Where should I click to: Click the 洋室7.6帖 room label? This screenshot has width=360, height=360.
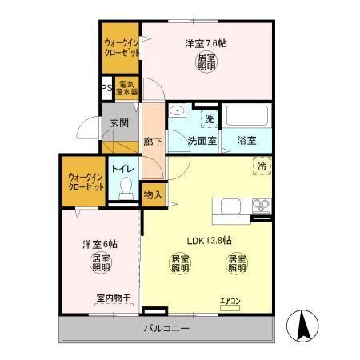206,43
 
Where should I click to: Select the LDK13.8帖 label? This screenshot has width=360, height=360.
210,239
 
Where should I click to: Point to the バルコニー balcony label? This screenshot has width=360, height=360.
166,329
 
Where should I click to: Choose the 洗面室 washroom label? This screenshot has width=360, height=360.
202,140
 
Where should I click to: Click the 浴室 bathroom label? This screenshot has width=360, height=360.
247,140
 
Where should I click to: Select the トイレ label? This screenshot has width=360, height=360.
122,169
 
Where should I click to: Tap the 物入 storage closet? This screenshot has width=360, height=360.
153,193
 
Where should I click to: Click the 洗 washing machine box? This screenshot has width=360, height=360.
209,119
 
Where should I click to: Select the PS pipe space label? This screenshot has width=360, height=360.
106,89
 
